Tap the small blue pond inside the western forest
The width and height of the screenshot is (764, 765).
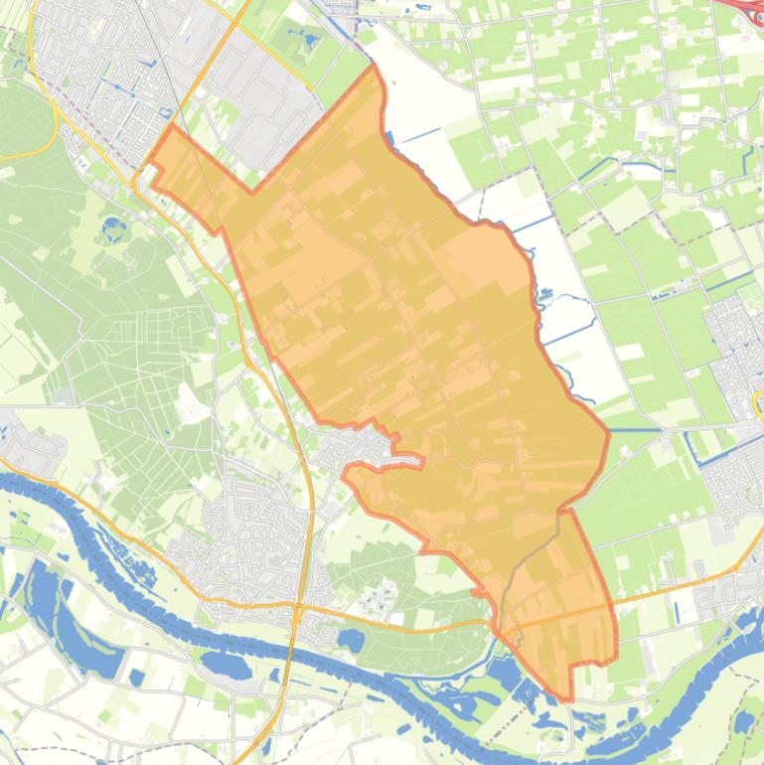[x=111, y=228]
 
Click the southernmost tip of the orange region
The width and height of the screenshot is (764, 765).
[x=569, y=699]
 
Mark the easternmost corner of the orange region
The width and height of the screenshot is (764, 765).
[x=608, y=432]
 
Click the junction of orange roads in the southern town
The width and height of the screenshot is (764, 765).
[x=297, y=603]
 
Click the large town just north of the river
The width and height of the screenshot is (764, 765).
[x=248, y=536]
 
